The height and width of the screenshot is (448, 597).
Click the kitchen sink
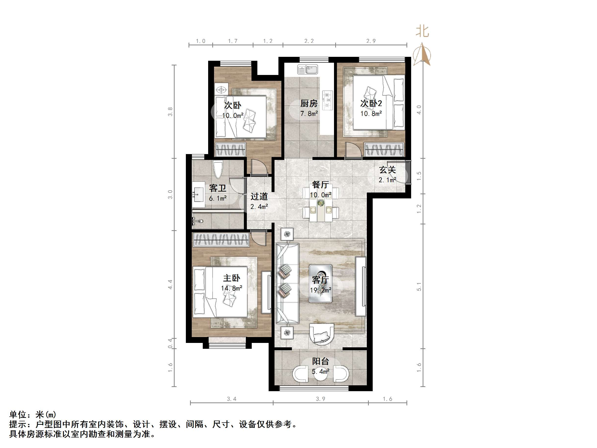click(x=308, y=69)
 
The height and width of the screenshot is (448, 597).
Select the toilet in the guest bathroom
click(x=218, y=169)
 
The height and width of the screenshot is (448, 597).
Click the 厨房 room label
click(x=309, y=103)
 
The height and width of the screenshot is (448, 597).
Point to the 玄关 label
click(x=388, y=170)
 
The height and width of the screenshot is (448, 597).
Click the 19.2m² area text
click(x=321, y=290)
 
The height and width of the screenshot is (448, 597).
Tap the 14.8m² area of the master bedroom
click(x=232, y=288)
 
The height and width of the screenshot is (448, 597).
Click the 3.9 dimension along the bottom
click(x=321, y=399)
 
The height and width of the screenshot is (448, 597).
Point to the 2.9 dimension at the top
click(x=371, y=41)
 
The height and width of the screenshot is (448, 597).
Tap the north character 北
click(x=422, y=31)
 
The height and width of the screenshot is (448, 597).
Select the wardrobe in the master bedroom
click(x=221, y=240)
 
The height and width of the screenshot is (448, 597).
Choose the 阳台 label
click(x=321, y=361)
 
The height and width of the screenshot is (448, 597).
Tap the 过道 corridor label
click(x=259, y=196)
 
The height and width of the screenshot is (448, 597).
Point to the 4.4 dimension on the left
click(x=170, y=284)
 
